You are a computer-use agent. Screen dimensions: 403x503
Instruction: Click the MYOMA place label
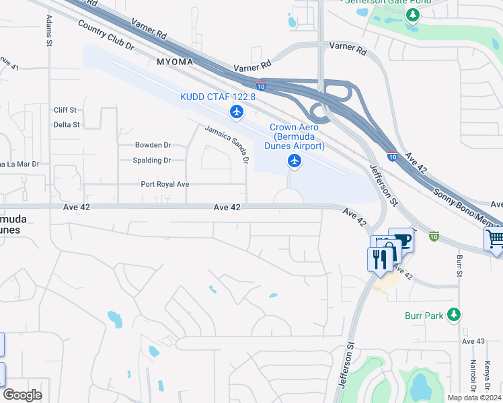tap(175, 62)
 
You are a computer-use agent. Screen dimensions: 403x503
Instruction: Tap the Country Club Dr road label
tap(106, 36)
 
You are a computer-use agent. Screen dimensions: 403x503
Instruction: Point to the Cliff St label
tap(66, 109)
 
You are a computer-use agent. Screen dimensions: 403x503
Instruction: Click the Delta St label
tap(67, 125)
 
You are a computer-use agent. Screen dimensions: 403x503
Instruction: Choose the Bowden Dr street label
tap(153, 145)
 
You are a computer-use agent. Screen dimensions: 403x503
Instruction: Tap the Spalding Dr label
tap(152, 161)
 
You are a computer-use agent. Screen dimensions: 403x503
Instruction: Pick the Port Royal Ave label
tap(165, 184)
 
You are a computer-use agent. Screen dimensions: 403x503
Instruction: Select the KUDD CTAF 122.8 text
tap(218, 97)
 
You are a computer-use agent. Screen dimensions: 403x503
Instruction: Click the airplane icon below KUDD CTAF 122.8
tap(236, 111)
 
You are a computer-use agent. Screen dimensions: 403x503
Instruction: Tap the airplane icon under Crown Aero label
tap(294, 161)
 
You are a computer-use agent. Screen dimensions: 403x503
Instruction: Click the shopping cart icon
tap(495, 238)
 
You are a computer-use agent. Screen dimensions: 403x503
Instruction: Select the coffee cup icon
tap(403, 240)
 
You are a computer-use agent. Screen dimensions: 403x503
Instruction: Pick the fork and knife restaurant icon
tap(379, 259)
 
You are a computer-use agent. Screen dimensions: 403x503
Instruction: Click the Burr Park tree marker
tap(455, 314)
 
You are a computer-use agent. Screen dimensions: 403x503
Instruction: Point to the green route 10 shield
tap(434, 236)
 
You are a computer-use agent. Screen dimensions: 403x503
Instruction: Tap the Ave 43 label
tap(473, 342)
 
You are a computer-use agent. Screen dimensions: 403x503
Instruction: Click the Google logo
tap(23, 395)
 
